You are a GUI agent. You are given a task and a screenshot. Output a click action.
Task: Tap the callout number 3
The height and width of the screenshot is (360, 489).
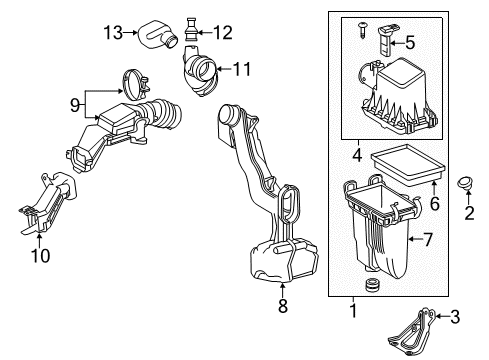(469, 317)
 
